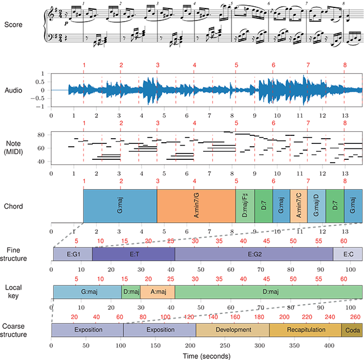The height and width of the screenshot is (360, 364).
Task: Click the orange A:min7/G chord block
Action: pos(196,205)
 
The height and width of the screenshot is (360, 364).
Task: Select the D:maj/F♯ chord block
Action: pos(245,205)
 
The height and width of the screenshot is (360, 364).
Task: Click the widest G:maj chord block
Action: pos(120,205)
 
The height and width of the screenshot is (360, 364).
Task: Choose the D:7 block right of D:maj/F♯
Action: pos(264,205)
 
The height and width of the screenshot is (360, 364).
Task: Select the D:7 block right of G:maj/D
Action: pos(335,205)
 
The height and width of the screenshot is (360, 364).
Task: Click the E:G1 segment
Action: pos(73,254)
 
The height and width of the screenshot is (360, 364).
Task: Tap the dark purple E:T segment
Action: pos(133,254)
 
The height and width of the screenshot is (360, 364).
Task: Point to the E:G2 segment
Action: pos(254,254)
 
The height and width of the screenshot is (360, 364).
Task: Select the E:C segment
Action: pos(348,254)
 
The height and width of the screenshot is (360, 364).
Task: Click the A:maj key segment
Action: pos(157,292)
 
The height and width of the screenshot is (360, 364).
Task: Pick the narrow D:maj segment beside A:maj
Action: pos(131,292)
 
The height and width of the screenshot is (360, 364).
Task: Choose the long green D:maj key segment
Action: pos(268,292)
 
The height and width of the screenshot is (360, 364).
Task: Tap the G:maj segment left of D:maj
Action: pos(88,292)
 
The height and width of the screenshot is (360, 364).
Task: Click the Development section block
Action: pos(233,330)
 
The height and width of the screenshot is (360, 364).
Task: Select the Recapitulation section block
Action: pos(305,330)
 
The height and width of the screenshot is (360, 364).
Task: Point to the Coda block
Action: pos(351,330)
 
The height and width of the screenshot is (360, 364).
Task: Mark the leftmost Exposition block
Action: pos(88,330)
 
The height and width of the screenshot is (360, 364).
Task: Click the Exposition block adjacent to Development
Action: pos(159,330)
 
